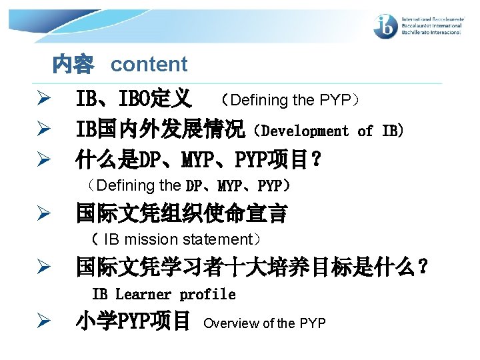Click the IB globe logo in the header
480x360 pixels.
(x=386, y=27)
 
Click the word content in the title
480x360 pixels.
(x=149, y=65)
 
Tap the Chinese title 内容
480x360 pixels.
(x=73, y=65)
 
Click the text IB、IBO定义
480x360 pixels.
(x=134, y=101)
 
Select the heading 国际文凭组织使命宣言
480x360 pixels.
(x=181, y=214)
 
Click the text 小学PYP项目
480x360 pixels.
(x=133, y=323)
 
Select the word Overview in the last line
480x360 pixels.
(x=231, y=323)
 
